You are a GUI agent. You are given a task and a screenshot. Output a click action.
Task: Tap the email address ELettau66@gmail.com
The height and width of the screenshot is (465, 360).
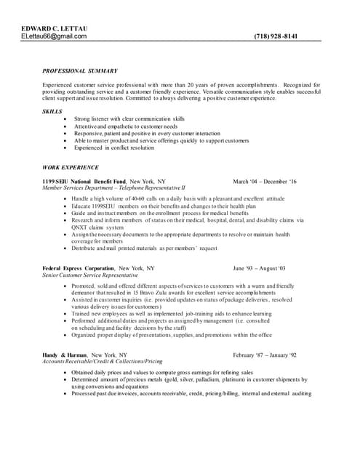coord(54,36)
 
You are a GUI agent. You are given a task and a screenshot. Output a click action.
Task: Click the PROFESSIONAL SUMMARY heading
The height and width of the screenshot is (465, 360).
coord(80,70)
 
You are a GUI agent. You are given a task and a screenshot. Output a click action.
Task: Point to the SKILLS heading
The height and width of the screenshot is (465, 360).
coord(52,111)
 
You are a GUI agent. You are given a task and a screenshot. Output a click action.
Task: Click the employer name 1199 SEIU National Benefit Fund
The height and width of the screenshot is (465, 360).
coord(84,181)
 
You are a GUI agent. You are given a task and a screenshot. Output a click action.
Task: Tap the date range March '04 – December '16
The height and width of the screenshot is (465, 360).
coord(264,181)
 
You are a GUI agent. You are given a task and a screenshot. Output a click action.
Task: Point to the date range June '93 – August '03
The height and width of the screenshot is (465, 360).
coord(260,268)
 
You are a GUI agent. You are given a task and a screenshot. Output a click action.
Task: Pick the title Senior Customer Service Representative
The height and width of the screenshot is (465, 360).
coord(90,275)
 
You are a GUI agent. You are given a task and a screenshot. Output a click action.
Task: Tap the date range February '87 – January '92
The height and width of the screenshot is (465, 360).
coord(265,355)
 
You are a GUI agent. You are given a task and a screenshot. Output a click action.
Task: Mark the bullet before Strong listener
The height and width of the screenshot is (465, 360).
coord(66,118)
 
